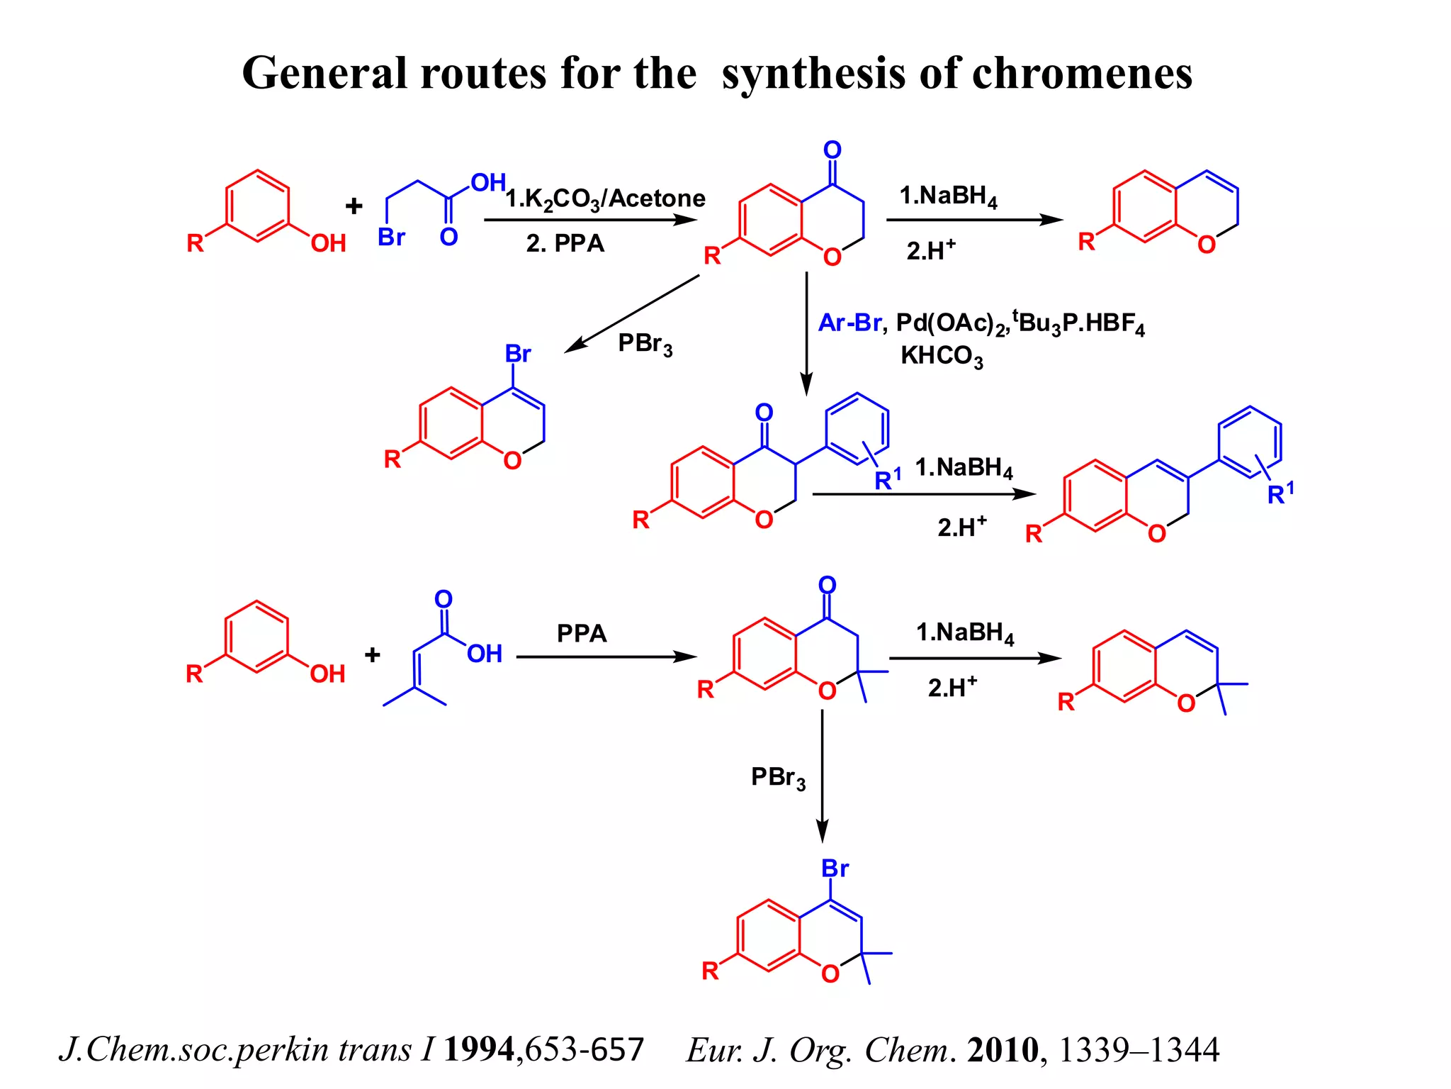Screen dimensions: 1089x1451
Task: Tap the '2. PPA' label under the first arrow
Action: point(565,243)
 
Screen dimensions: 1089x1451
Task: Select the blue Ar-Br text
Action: point(849,323)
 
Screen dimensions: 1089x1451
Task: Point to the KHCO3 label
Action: point(941,356)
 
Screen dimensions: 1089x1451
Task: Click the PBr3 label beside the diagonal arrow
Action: point(645,344)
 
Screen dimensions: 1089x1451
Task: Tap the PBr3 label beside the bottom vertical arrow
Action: point(778,778)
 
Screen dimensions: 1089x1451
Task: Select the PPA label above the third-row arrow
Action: point(582,633)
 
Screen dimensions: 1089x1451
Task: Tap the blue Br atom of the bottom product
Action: point(835,869)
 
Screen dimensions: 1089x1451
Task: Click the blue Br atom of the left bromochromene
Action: point(517,353)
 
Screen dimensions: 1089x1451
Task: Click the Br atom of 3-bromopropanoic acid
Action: point(391,237)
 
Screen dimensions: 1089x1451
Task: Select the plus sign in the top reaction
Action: point(354,206)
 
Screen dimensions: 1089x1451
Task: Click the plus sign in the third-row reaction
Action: point(373,654)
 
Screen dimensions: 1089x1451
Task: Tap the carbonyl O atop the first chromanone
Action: point(832,150)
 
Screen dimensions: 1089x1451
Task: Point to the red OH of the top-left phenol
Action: point(328,243)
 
